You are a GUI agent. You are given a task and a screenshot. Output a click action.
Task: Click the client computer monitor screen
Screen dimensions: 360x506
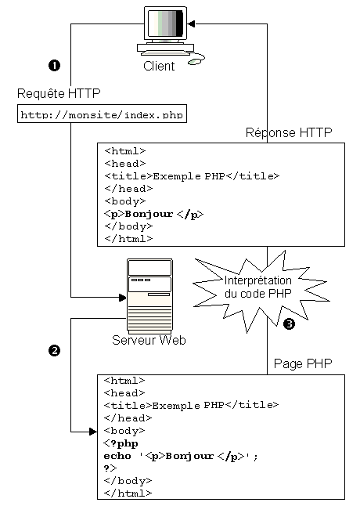165,23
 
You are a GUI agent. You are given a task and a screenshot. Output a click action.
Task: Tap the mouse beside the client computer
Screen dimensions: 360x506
195,61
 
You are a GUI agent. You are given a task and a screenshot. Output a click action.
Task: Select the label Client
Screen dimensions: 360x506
159,66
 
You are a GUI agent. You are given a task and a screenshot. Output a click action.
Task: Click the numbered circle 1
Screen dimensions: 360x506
54,66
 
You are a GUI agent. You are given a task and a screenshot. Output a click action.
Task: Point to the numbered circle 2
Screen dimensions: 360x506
54,350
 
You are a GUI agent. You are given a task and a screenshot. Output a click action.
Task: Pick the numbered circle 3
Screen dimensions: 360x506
289,323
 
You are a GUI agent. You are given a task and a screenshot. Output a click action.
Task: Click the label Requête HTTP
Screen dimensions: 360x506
59,93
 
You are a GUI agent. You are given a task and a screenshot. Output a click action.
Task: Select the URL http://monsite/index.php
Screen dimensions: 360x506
102,115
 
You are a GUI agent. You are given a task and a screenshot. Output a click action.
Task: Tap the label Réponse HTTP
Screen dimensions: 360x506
289,132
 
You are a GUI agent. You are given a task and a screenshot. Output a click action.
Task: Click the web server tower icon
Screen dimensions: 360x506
149,296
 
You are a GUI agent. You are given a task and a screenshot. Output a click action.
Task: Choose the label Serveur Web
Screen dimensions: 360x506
149,340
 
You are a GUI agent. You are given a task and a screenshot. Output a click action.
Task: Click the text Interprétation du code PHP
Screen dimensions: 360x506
257,287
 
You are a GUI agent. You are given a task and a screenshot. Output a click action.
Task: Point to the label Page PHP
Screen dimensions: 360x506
303,363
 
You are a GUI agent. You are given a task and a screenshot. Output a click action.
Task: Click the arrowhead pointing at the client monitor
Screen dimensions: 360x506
191,23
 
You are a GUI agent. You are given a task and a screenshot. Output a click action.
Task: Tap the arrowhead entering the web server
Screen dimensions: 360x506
123,297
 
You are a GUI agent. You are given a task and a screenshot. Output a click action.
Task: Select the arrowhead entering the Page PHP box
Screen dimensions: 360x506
93,432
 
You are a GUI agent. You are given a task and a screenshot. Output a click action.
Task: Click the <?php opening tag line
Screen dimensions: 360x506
121,443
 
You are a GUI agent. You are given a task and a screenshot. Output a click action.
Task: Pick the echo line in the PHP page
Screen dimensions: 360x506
181,456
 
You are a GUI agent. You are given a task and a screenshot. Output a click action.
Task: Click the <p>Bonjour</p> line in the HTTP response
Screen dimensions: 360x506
154,214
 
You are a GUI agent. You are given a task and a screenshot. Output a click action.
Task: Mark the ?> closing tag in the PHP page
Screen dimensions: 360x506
110,468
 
